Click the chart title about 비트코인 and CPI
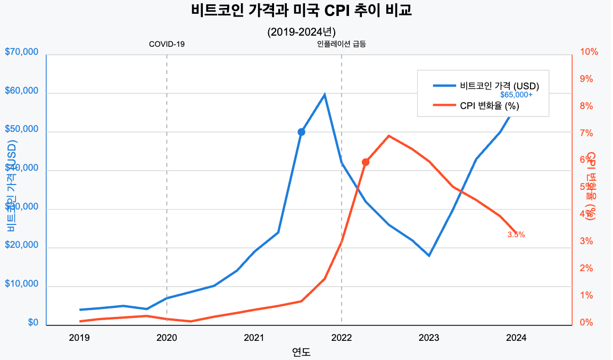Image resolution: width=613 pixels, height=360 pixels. click(x=301, y=11)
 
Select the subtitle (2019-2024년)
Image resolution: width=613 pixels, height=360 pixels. click(x=301, y=32)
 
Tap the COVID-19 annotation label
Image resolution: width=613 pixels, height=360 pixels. click(x=167, y=44)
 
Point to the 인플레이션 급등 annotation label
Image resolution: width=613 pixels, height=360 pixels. click(x=341, y=44)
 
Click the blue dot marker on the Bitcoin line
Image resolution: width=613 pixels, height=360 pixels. click(x=301, y=132)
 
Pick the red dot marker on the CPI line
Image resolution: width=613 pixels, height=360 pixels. click(x=366, y=162)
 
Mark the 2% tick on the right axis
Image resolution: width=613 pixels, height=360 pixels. click(x=586, y=269)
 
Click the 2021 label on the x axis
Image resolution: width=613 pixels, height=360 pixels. click(x=254, y=337)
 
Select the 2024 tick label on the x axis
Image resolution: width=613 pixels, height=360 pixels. click(x=516, y=337)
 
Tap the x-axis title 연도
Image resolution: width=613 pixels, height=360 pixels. click(x=301, y=351)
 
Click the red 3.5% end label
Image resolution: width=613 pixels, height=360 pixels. click(x=516, y=235)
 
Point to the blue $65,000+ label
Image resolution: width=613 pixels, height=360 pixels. click(x=516, y=95)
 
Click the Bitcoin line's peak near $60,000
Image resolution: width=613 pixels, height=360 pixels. click(x=325, y=95)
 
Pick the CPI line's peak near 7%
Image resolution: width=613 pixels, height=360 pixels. click(x=388, y=136)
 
